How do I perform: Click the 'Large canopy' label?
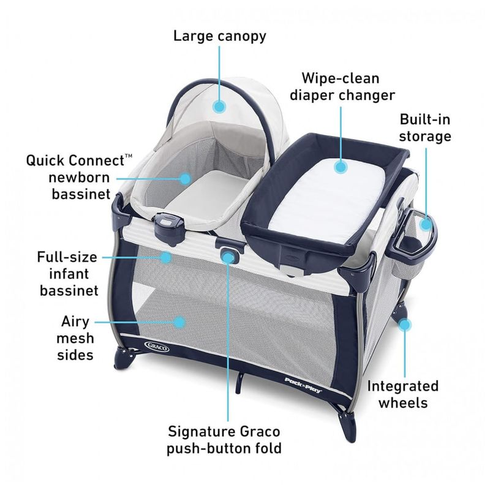pyautogui.click(x=220, y=36)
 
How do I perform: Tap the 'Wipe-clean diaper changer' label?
pyautogui.click(x=342, y=86)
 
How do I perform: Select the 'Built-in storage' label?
pyautogui.click(x=425, y=128)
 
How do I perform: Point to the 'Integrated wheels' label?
pyautogui.click(x=403, y=394)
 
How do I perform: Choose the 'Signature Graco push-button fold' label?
pyautogui.click(x=224, y=440)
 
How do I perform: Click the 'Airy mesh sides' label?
pyautogui.click(x=75, y=338)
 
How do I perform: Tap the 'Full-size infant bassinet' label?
pyautogui.click(x=67, y=274)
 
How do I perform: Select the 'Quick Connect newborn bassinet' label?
pyautogui.click(x=80, y=177)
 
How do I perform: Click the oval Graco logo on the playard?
pyautogui.click(x=157, y=346)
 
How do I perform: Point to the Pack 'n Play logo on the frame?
pyautogui.click(x=303, y=385)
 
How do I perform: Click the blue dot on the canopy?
pyautogui.click(x=219, y=107)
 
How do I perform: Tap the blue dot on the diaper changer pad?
pyautogui.click(x=341, y=167)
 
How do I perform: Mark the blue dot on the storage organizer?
pyautogui.click(x=426, y=224)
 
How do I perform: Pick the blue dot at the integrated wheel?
pyautogui.click(x=405, y=325)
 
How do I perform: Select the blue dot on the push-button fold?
pyautogui.click(x=228, y=258)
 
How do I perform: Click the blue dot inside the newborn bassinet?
pyautogui.click(x=186, y=179)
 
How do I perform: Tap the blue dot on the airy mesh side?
pyautogui.click(x=179, y=322)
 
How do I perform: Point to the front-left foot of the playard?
pyautogui.click(x=123, y=360)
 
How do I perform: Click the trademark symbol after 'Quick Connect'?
pyautogui.click(x=129, y=156)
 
